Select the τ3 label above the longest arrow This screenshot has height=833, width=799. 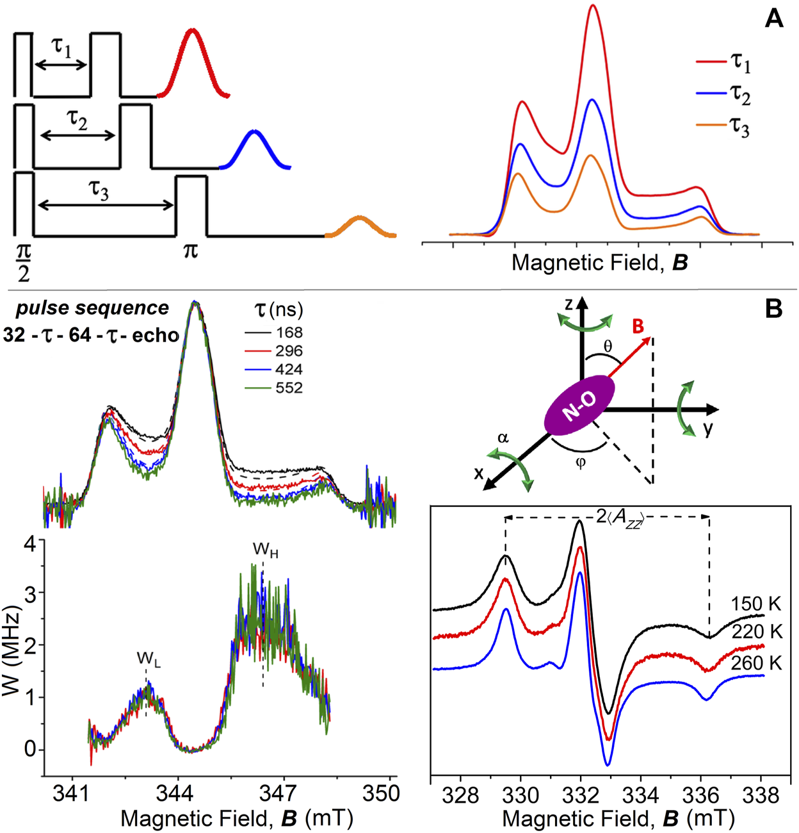pyautogui.click(x=99, y=190)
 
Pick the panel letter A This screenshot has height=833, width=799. pyautogui.click(x=773, y=19)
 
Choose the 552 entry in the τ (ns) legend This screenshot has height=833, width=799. pyautogui.click(x=275, y=388)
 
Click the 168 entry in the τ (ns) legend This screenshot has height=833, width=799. pyautogui.click(x=275, y=333)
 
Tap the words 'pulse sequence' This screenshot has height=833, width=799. pyautogui.click(x=92, y=308)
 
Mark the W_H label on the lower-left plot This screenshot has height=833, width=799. pyautogui.click(x=265, y=550)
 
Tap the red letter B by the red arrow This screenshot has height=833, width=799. pyautogui.click(x=638, y=327)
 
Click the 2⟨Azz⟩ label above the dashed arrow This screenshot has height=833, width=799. pyautogui.click(x=619, y=517)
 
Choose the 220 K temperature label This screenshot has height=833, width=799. pyautogui.click(x=757, y=632)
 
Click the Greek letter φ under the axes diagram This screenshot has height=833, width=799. pyautogui.click(x=581, y=463)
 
